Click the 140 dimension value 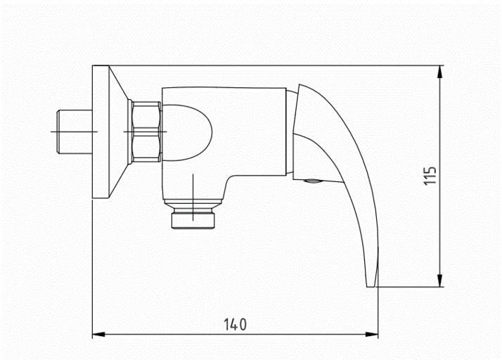point(236,324)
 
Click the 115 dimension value point(430,176)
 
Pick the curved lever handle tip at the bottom point(371,281)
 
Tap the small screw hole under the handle point(311,183)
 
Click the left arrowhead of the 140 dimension point(98,335)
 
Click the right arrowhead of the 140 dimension point(373,335)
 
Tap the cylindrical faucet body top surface point(225,88)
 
